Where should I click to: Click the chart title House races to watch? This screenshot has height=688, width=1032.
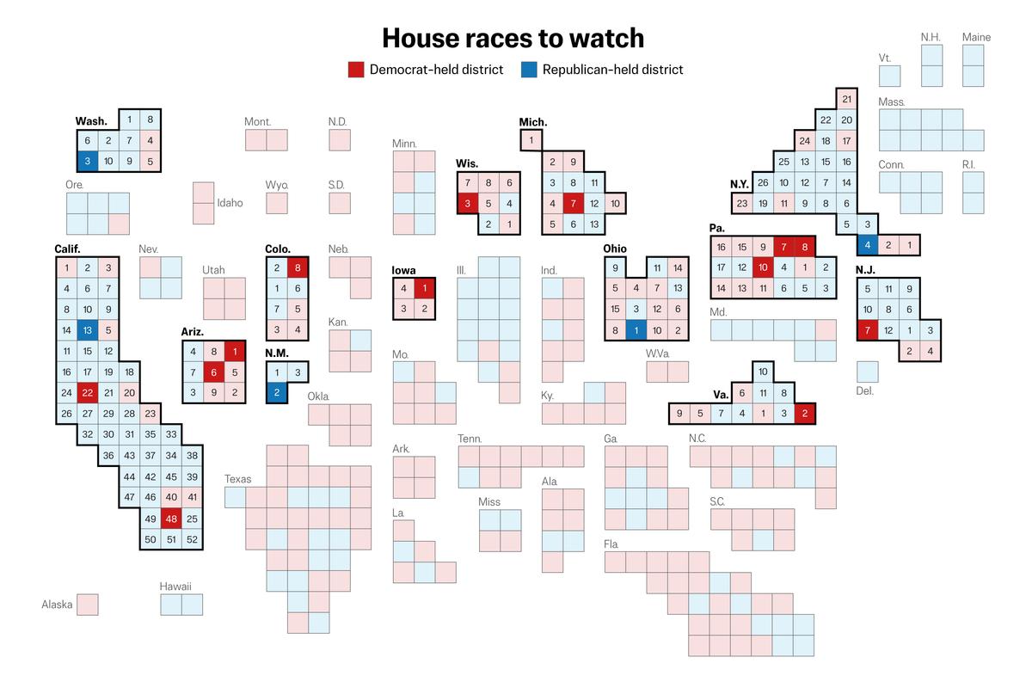[513, 38]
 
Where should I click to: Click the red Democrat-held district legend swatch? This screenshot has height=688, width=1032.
[356, 70]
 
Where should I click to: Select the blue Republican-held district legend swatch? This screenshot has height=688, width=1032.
[529, 70]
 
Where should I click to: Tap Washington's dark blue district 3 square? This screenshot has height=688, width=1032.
[87, 161]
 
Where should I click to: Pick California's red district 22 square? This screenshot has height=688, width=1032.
[87, 393]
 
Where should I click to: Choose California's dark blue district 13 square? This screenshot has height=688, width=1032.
[87, 330]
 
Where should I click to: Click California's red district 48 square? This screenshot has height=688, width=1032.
[171, 519]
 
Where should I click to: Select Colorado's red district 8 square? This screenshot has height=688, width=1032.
[298, 267]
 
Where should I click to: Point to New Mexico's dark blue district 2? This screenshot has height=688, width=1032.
[276, 393]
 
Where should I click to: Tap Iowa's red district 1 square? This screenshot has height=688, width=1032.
[424, 288]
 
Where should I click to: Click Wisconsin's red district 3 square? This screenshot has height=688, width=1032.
[467, 204]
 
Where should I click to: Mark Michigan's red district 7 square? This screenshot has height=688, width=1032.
[574, 204]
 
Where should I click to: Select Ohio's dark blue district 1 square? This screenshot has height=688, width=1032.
[636, 330]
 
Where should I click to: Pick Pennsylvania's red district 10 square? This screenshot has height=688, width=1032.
[762, 267]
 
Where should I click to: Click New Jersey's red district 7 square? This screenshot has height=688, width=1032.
[868, 330]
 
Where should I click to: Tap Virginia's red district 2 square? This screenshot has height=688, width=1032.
[804, 414]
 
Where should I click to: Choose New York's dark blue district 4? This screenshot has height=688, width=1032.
[868, 245]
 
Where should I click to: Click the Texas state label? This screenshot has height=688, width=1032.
[238, 479]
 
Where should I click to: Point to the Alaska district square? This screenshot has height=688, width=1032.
[87, 604]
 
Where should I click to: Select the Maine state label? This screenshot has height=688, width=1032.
[976, 37]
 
